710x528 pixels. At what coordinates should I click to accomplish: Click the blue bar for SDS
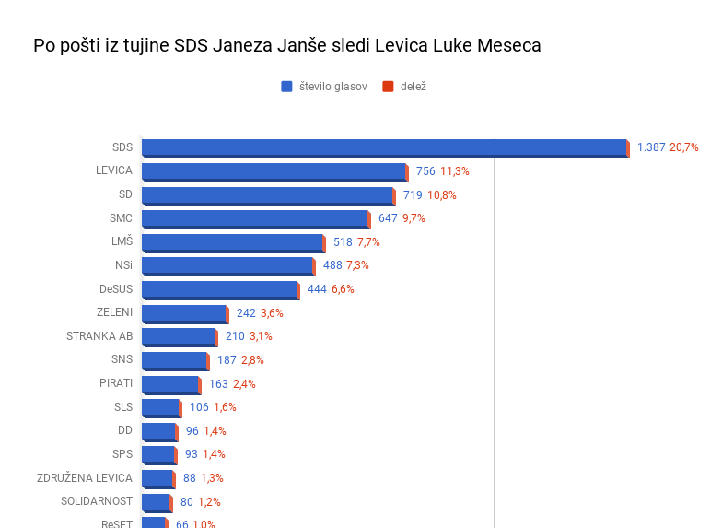(x=384, y=147)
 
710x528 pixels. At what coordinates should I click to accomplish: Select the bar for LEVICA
(x=274, y=171)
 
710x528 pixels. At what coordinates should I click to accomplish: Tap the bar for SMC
(x=255, y=218)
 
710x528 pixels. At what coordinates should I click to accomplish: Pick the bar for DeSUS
(x=220, y=289)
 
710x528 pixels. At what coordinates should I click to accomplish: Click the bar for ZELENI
(x=184, y=313)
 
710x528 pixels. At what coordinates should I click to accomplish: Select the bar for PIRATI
(x=170, y=384)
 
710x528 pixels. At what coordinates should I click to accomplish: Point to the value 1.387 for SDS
(x=651, y=147)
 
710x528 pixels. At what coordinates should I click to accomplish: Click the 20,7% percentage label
(x=684, y=147)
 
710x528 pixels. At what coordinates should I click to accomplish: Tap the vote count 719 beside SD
(x=413, y=195)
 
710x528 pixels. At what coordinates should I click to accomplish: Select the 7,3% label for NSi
(x=357, y=265)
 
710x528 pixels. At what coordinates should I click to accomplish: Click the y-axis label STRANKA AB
(x=99, y=336)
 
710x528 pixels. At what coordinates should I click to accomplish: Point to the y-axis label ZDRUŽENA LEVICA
(x=85, y=478)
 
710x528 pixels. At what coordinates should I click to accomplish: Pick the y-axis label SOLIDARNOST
(x=97, y=501)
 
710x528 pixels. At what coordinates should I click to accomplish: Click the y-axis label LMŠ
(x=122, y=241)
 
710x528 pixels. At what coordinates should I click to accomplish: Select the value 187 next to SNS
(x=227, y=360)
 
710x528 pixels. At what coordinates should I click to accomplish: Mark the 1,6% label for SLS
(x=225, y=407)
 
